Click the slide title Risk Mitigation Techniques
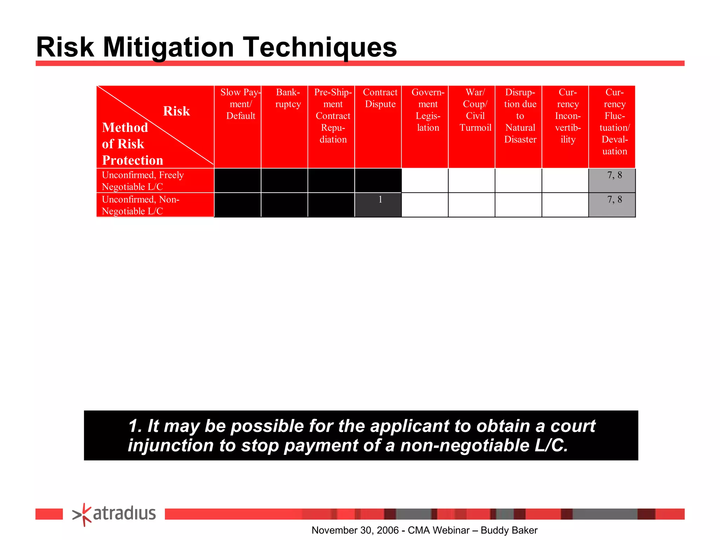(217, 47)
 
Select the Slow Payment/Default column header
(240, 104)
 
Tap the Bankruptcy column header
(288, 98)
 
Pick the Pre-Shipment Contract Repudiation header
(333, 116)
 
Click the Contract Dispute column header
(380, 98)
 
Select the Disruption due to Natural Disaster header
(520, 116)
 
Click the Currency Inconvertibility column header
(567, 116)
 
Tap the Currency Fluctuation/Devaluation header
(614, 122)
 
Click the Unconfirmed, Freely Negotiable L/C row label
(143, 181)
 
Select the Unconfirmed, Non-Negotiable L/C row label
(141, 205)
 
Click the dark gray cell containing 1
(378, 205)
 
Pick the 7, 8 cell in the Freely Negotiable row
(612, 180)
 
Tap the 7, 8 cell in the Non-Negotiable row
(612, 205)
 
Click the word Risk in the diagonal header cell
(176, 111)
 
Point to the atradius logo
(114, 514)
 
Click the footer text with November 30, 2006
(424, 530)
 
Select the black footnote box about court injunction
(361, 435)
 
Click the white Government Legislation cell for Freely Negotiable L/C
(425, 180)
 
